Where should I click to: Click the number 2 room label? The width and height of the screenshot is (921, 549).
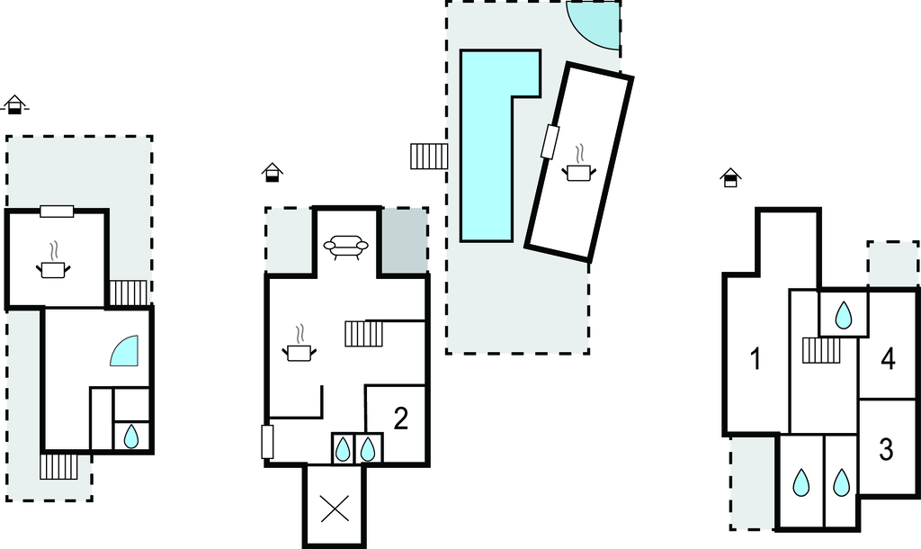pyautogui.click(x=400, y=418)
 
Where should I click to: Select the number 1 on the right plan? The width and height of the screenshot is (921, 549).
pyautogui.click(x=756, y=358)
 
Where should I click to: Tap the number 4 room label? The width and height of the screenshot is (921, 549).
pyautogui.click(x=888, y=358)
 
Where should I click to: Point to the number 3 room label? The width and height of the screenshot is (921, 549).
pyautogui.click(x=886, y=450)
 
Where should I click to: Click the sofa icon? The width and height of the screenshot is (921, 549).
pyautogui.click(x=346, y=247)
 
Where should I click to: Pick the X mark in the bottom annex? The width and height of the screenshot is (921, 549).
pyautogui.click(x=335, y=508)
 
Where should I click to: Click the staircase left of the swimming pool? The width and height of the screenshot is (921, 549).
pyautogui.click(x=429, y=157)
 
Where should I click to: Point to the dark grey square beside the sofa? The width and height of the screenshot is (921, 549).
pyautogui.click(x=404, y=239)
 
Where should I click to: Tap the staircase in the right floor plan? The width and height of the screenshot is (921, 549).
pyautogui.click(x=821, y=350)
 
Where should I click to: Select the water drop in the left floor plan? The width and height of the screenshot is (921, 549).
pyautogui.click(x=131, y=436)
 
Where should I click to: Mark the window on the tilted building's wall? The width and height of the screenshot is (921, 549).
pyautogui.click(x=550, y=141)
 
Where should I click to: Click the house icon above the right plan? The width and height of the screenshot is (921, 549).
pyautogui.click(x=730, y=177)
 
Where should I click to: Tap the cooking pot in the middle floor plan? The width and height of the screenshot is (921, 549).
pyautogui.click(x=300, y=346)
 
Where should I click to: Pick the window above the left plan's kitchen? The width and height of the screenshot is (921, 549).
pyautogui.click(x=57, y=211)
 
